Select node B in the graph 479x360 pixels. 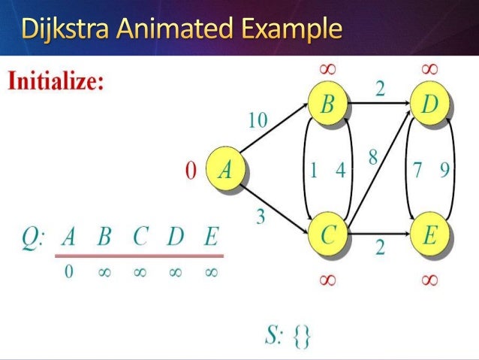point(327,105)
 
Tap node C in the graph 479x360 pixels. point(327,236)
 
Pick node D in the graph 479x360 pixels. point(429,105)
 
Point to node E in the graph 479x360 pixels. point(429,236)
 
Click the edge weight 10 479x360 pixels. point(258,121)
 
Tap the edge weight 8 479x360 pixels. point(373,158)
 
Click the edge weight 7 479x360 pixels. point(417,171)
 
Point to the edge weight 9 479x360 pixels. point(444,171)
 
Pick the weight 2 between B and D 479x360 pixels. point(380,89)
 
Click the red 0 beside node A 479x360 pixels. point(191,171)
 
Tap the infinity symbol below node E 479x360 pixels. point(429,280)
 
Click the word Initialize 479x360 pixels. point(56,81)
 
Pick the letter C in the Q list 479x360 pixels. point(140,239)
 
